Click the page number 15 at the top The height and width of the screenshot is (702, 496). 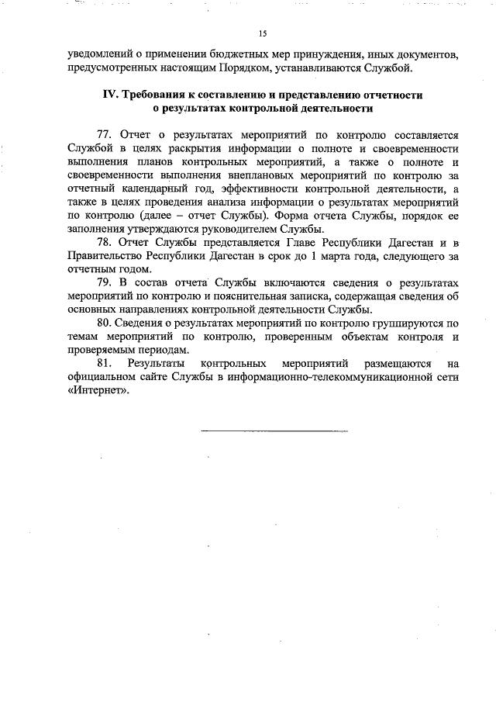point(262,33)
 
